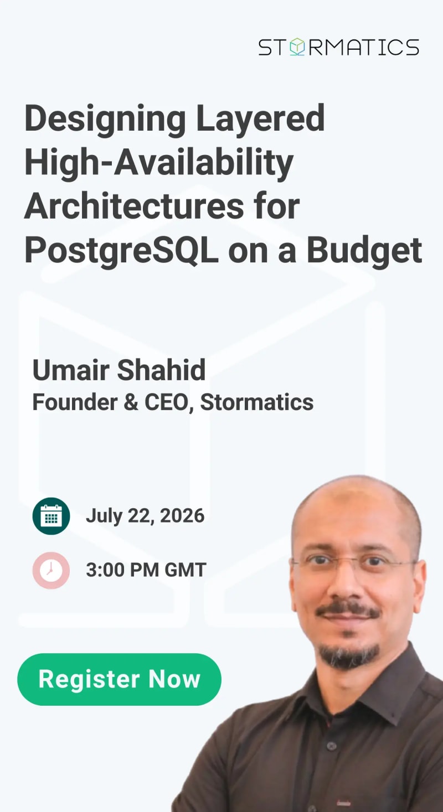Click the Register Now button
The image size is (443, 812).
pos(119,679)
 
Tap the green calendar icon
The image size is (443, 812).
pos(51,516)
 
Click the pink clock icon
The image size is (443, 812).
pos(51,570)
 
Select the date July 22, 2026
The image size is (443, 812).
pos(145,516)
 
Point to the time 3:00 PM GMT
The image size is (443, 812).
pos(146,570)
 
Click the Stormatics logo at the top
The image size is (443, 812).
pos(338,47)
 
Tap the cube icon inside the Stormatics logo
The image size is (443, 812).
pos(297,47)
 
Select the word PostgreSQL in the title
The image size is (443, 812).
pos(121,250)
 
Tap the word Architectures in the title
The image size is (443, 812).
pos(134,206)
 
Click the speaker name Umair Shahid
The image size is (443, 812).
pos(119,370)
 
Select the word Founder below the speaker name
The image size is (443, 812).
pos(75,402)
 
